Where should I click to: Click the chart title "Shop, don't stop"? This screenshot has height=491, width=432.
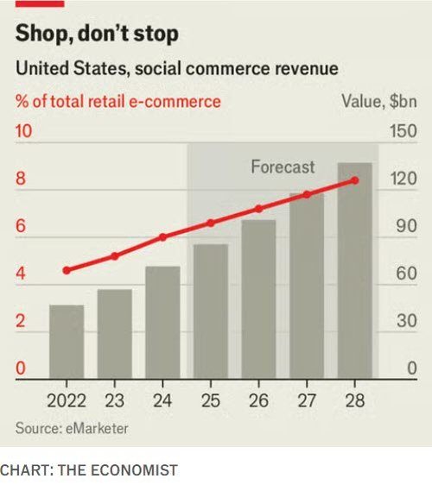[97, 35]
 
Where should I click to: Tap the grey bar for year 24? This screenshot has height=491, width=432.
[162, 322]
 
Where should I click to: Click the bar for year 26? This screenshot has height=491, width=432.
[258, 299]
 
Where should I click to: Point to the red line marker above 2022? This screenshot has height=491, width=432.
[67, 270]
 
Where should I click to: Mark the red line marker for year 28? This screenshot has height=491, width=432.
[354, 180]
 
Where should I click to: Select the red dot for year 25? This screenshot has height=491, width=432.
[210, 223]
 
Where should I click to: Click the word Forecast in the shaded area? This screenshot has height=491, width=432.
[283, 167]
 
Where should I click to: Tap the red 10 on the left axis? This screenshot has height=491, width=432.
[24, 133]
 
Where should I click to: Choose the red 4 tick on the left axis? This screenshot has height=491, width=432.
[21, 275]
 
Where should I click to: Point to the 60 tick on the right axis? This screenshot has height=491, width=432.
[406, 275]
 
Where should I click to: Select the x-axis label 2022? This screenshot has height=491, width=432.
[67, 400]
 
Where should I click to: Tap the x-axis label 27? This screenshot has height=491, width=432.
[307, 400]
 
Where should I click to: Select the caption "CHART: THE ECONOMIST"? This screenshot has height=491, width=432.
[88, 470]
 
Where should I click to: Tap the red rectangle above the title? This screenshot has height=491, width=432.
[40, 3]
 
